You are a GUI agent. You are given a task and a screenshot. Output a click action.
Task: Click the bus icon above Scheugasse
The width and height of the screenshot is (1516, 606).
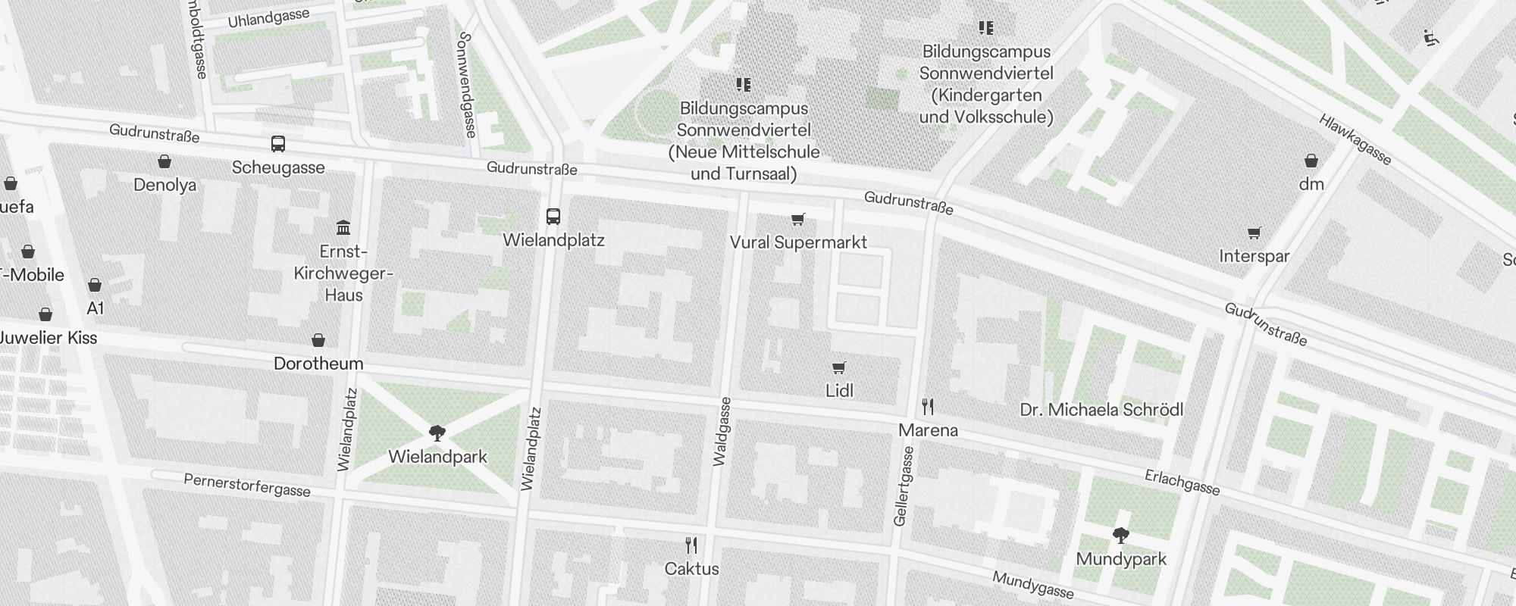pyautogui.click(x=278, y=144)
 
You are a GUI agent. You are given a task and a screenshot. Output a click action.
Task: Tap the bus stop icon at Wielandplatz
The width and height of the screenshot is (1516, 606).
pyautogui.click(x=553, y=217)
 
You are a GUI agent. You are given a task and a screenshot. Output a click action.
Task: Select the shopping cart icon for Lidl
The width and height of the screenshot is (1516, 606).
pyautogui.click(x=838, y=367)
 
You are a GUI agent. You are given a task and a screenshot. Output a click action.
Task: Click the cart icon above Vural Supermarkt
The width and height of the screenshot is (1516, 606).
pyautogui.click(x=797, y=220)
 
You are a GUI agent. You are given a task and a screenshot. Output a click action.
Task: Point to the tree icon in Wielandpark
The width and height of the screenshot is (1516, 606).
pyautogui.click(x=437, y=433)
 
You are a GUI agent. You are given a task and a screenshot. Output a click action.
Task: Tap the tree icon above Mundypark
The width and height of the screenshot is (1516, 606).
pyautogui.click(x=1120, y=536)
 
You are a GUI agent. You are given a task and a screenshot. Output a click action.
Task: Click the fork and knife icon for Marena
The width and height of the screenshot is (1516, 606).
pyautogui.click(x=928, y=407)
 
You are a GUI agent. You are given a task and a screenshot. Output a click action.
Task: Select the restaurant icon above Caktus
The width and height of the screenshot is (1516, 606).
pyautogui.click(x=691, y=545)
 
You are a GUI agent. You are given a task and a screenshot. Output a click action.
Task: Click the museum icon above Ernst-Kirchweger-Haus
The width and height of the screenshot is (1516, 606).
pyautogui.click(x=343, y=227)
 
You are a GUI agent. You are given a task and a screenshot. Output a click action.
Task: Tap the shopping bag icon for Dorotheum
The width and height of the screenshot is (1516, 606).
pyautogui.click(x=318, y=340)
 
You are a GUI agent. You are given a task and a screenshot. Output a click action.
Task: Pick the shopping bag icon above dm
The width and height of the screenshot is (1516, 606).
pyautogui.click(x=1311, y=161)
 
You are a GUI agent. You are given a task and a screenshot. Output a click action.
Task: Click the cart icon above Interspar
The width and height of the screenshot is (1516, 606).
pyautogui.click(x=1254, y=233)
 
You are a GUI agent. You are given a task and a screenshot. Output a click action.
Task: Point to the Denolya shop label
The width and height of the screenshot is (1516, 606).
pyautogui.click(x=164, y=185)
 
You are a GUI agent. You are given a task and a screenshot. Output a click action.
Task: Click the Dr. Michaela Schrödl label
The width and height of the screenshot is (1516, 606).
pyautogui.click(x=1101, y=410)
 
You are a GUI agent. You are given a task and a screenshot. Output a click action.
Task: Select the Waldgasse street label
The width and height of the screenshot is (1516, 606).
pyautogui.click(x=722, y=431)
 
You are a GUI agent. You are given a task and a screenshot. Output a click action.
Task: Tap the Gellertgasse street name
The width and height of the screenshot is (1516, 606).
pyautogui.click(x=904, y=486)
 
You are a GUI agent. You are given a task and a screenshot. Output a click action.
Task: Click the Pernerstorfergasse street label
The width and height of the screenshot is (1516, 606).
pyautogui.click(x=247, y=486)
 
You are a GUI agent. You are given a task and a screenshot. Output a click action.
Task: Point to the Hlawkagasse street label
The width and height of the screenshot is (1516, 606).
pyautogui.click(x=1355, y=139)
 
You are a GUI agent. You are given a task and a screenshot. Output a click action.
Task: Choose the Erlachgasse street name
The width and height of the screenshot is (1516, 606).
pyautogui.click(x=1182, y=482)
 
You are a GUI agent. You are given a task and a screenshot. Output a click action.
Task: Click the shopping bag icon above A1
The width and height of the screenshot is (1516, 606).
pyautogui.click(x=95, y=285)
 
